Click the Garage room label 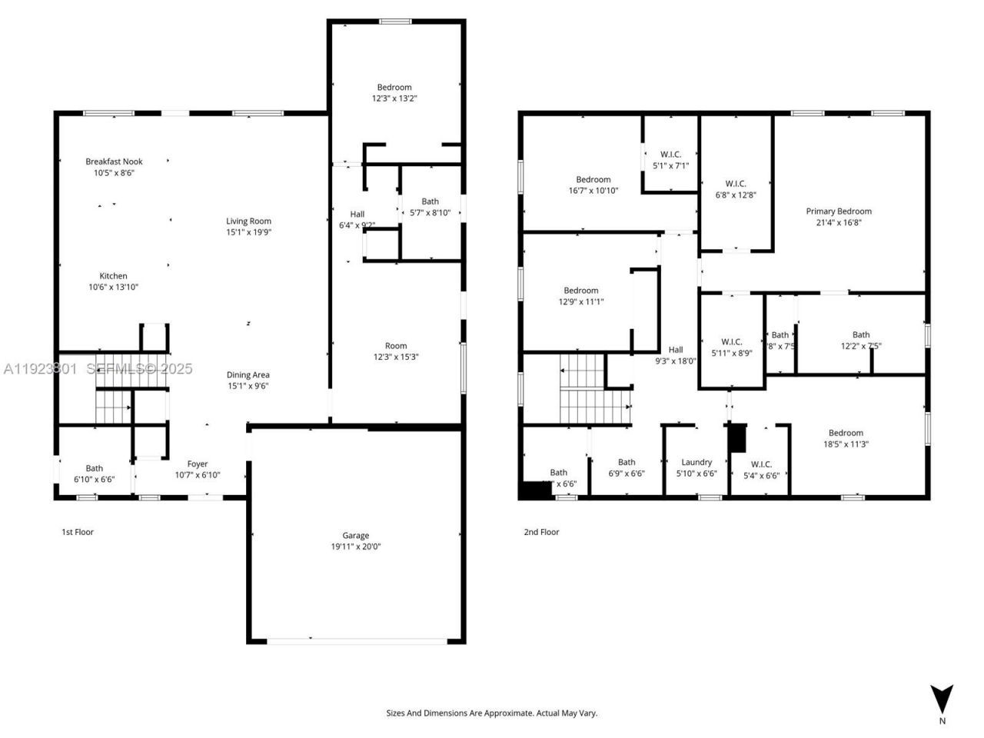(355, 536)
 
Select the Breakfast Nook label (114, 161)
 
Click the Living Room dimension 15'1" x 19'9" (248, 232)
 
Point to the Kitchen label (113, 276)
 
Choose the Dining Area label (248, 375)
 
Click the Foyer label (198, 464)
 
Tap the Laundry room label (696, 463)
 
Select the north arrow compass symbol (942, 700)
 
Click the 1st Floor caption (78, 532)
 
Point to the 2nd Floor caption (541, 532)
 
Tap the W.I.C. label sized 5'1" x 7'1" (670, 155)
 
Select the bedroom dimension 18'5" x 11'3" (846, 444)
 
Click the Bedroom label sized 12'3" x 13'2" (394, 88)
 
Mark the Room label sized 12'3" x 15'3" (396, 346)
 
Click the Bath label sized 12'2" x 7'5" (861, 334)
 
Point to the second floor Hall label (675, 350)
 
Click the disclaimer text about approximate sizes (491, 713)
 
